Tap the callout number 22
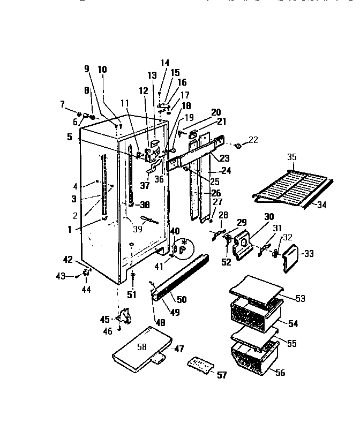click(x=253, y=140)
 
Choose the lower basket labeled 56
click(x=252, y=359)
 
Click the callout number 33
click(x=308, y=253)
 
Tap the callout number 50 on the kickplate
click(x=182, y=300)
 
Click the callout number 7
click(x=62, y=103)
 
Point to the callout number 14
click(x=164, y=63)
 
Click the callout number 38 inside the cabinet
click(x=144, y=204)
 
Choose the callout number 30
click(x=268, y=217)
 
